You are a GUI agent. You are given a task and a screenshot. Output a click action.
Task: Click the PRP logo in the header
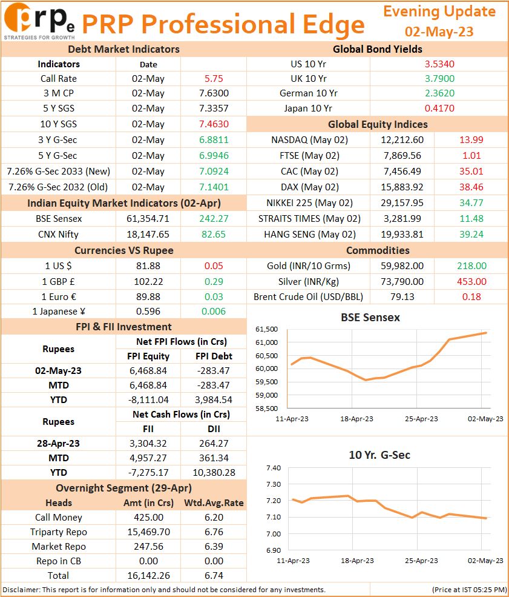[39, 21]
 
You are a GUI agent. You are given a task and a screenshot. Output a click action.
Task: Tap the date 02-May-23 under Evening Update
[439, 32]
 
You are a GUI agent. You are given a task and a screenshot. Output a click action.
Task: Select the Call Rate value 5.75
[214, 78]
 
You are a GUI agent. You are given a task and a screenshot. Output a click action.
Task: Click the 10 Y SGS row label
[59, 124]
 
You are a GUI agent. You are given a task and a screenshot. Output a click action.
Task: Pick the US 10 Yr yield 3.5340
[439, 64]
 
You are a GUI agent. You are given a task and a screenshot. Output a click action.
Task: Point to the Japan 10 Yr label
[308, 108]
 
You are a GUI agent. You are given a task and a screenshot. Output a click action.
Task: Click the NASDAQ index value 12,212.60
[402, 140]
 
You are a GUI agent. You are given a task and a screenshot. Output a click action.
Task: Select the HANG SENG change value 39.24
[471, 234]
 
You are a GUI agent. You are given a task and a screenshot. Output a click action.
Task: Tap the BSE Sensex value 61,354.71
[148, 219]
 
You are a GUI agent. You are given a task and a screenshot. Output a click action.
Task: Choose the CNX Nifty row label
[58, 234]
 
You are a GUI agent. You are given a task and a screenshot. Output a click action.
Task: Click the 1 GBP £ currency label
[58, 282]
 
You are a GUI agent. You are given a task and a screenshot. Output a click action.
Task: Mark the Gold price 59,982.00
[402, 265]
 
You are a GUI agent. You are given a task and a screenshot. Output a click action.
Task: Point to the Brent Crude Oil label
[308, 296]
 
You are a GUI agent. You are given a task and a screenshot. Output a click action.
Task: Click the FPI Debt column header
[214, 356]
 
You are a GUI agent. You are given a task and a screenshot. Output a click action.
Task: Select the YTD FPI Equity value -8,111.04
[148, 400]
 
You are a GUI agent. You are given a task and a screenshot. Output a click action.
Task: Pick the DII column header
[214, 429]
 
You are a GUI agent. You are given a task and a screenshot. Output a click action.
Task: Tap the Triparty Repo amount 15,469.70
[148, 532]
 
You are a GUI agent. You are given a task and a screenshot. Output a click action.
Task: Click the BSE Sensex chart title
[370, 318]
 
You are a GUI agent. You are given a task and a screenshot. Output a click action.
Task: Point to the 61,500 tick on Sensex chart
[266, 329]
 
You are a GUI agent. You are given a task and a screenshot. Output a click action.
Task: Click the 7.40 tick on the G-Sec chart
[274, 468]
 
